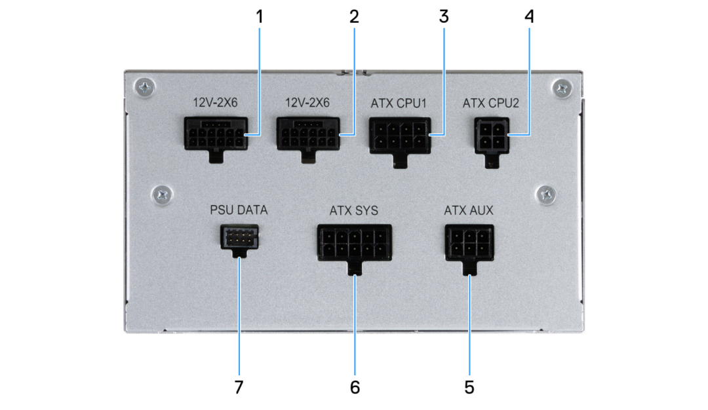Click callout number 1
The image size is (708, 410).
(259, 17)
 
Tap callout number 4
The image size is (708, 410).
(529, 17)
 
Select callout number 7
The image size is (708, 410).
(239, 387)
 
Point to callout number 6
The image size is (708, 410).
(355, 387)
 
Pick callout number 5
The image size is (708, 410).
(469, 387)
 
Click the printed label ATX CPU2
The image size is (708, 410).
(491, 103)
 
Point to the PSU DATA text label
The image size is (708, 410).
(239, 210)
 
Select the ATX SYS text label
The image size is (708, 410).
(354, 211)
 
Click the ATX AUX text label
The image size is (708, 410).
(469, 210)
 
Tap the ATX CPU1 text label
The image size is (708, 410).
(399, 103)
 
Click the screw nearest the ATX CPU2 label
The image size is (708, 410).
(562, 88)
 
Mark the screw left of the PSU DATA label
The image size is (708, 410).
(162, 195)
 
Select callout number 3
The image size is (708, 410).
(444, 17)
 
